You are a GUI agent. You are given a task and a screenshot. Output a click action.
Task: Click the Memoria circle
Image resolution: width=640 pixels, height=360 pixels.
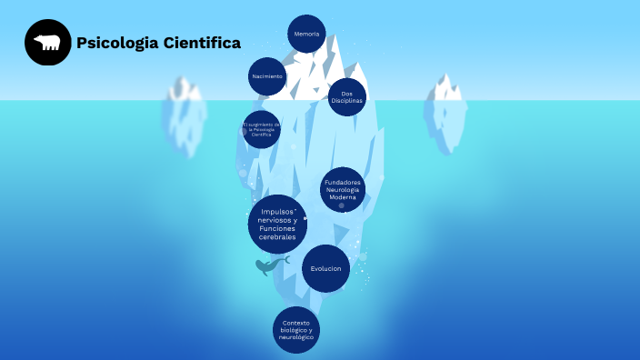click(x=306, y=35)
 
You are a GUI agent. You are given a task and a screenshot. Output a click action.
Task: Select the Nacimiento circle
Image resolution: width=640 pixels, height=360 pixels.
click(x=267, y=76)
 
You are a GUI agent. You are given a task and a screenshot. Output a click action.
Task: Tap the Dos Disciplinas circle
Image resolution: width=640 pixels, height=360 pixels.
click(x=346, y=96)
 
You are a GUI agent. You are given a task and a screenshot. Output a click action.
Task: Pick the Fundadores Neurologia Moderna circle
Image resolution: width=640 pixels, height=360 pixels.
click(x=343, y=190)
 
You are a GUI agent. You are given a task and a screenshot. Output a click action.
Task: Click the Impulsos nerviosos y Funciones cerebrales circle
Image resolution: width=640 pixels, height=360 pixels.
click(x=277, y=224)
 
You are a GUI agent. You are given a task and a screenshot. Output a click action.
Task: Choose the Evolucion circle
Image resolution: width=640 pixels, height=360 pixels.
click(x=325, y=268)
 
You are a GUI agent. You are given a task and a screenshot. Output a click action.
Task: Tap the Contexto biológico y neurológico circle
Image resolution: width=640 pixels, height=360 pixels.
click(x=296, y=329)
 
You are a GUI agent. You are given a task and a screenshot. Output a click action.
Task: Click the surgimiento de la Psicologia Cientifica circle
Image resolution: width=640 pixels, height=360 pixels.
click(x=261, y=130)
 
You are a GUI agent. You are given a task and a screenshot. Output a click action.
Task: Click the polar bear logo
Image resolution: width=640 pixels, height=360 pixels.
click(x=47, y=43)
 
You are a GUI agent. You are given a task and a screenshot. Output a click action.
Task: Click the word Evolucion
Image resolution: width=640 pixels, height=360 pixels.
click(x=325, y=268)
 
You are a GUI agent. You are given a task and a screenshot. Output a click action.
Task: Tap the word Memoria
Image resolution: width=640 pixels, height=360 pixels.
click(x=306, y=35)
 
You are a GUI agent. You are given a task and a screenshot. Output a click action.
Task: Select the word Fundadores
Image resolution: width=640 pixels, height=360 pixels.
click(x=343, y=182)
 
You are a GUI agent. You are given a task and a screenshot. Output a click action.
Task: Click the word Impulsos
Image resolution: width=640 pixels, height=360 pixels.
click(x=277, y=212)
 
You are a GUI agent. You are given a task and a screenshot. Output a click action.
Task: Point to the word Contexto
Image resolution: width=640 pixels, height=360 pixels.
click(x=296, y=323)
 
